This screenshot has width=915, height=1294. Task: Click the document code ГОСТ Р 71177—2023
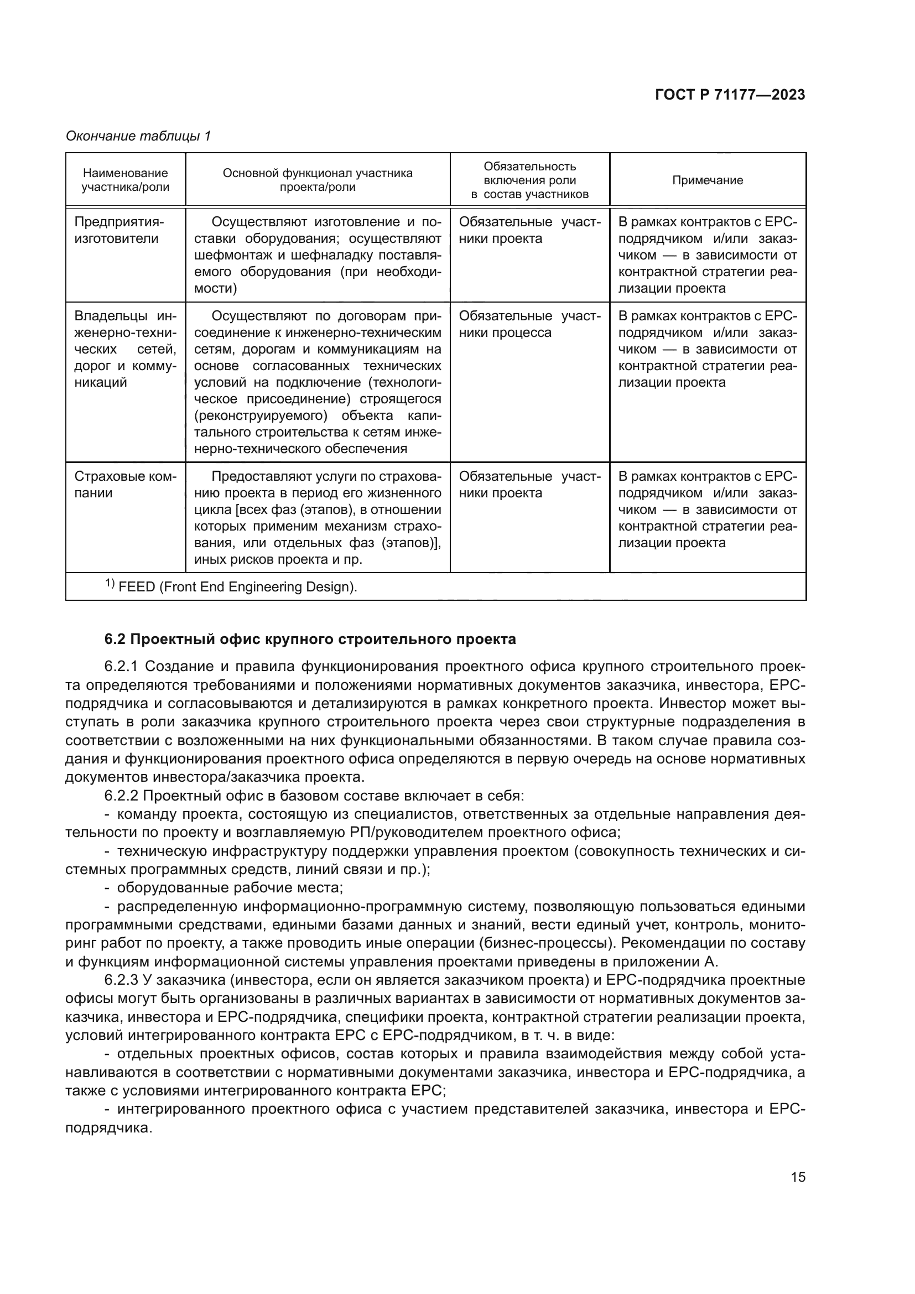(x=730, y=95)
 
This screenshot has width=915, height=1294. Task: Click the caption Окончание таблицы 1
(x=138, y=136)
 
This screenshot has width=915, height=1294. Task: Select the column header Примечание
(x=707, y=180)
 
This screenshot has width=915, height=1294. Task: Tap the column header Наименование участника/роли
(x=125, y=180)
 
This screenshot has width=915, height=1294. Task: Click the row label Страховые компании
(x=125, y=485)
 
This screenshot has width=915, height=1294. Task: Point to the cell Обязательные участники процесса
(x=529, y=324)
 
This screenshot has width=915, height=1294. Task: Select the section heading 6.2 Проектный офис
(x=310, y=639)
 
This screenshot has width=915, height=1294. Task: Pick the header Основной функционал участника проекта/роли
(x=317, y=180)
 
